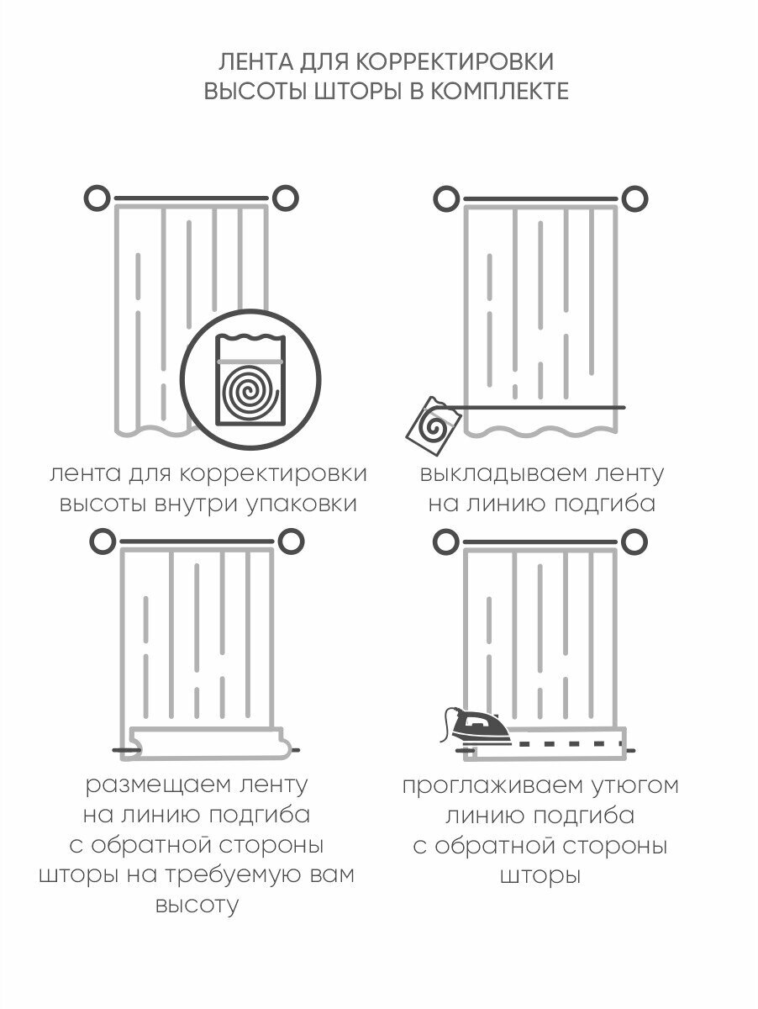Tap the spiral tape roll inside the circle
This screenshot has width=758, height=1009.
click(251, 391)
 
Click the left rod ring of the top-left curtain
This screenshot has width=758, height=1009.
click(98, 199)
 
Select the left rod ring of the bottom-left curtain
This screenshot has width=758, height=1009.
click(103, 541)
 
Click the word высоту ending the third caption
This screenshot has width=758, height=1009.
click(197, 906)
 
